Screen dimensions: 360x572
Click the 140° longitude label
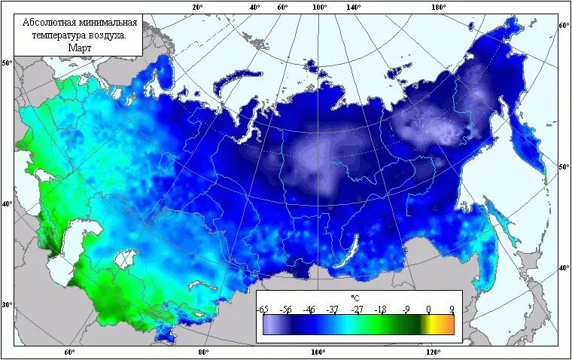(x=354, y=7)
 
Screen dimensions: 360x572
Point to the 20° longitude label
(x=198, y=7)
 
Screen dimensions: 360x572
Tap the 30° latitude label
(x=8, y=305)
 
